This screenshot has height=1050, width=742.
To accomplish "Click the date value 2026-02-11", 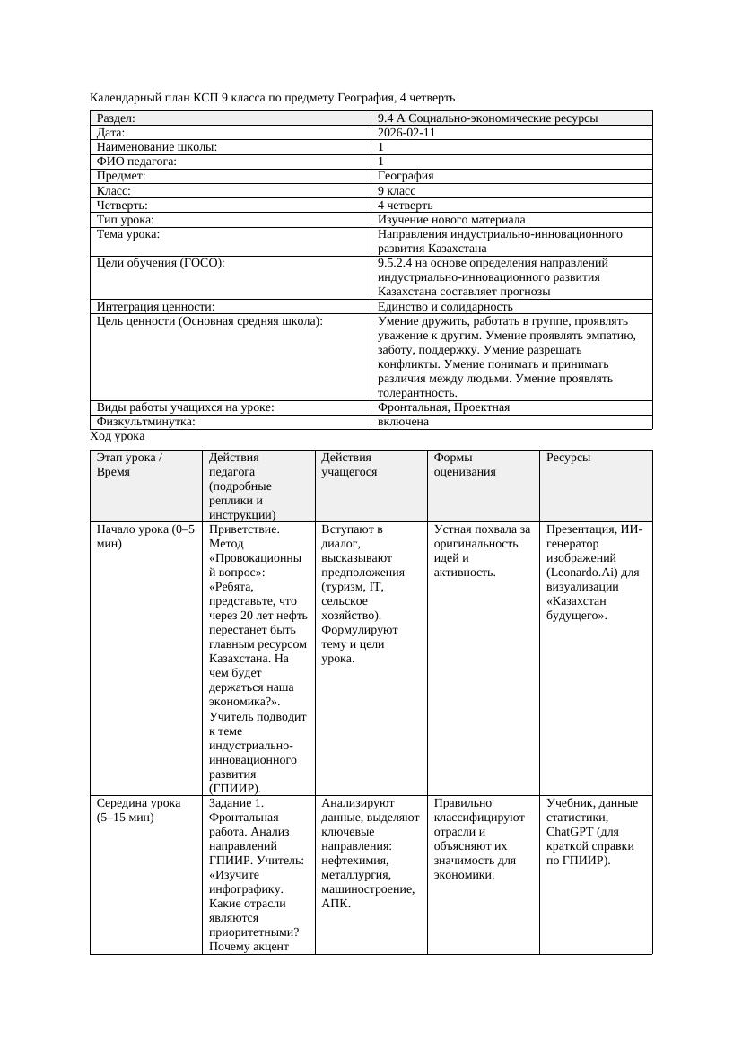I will coord(406,133).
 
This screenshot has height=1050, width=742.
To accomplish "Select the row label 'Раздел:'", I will coord(116,118).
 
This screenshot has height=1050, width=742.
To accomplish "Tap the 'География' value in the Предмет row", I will coord(406,176).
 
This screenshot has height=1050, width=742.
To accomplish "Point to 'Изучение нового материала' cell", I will coord(451,220).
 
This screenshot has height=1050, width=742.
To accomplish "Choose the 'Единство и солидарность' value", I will coord(445,307).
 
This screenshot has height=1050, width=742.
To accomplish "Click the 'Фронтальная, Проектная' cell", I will coord(443,407).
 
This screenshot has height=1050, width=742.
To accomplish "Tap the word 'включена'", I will coord(403,422).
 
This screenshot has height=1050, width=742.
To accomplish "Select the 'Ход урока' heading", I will coord(118,436).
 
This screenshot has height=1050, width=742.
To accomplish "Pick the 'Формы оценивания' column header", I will coord(465,464).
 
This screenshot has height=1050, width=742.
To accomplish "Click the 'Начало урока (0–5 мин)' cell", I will coord(145,537).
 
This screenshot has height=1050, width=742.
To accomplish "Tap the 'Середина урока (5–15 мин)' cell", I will coord(138,810).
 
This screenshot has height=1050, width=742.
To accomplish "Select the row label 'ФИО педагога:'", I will coord(136,162).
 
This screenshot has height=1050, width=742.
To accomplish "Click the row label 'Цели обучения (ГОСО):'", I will coord(161,263).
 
